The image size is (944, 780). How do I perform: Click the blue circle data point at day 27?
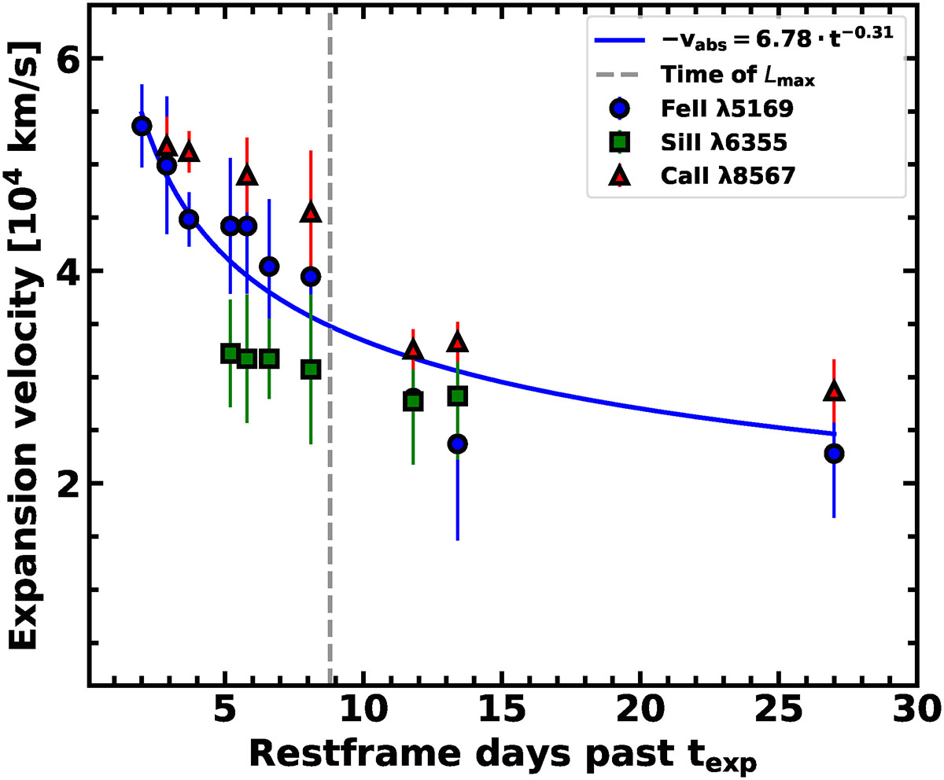(x=834, y=454)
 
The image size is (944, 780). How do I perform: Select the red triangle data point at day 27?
(x=834, y=392)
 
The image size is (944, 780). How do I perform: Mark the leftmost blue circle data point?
(x=142, y=126)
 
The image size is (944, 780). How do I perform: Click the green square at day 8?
(x=311, y=370)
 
